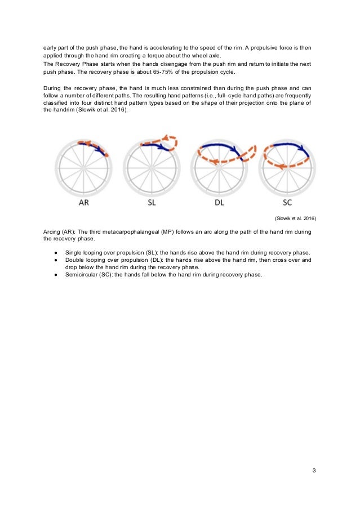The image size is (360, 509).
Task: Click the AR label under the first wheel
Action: [83, 202]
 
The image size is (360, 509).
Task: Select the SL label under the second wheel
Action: [152, 202]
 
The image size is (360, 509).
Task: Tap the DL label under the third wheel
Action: [219, 202]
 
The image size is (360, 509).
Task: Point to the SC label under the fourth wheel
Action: [287, 202]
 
